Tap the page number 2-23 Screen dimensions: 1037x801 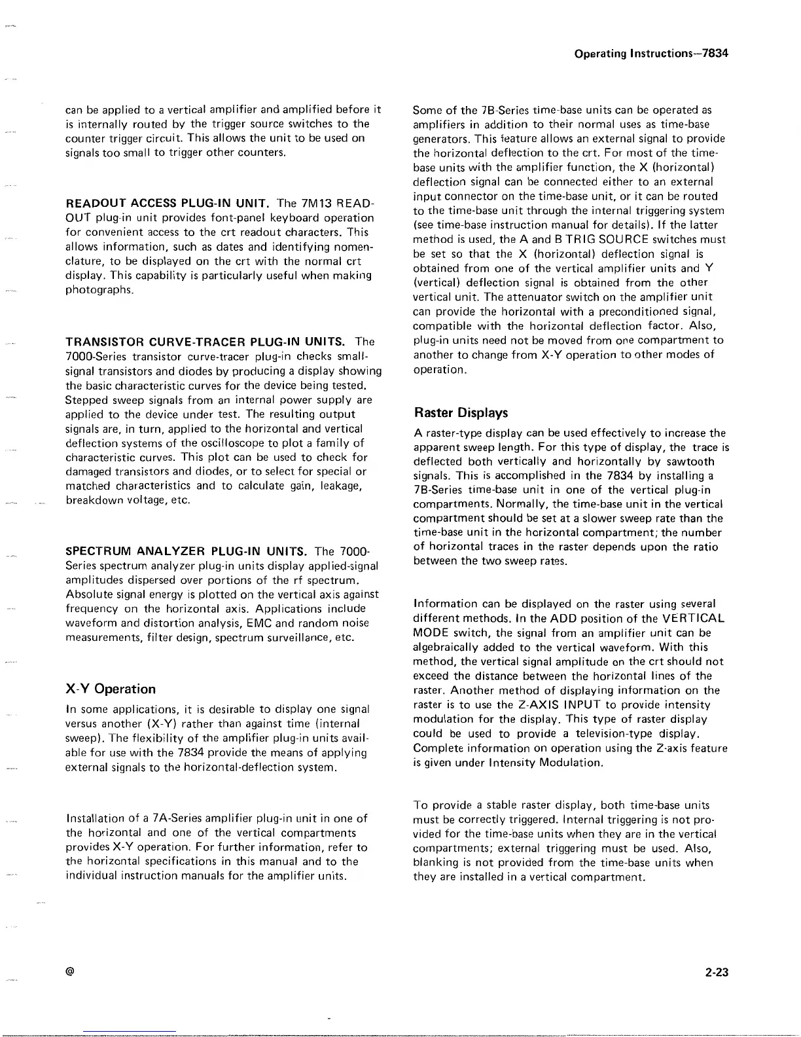pyautogui.click(x=717, y=973)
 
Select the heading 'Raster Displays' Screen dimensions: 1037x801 pyautogui.click(x=461, y=413)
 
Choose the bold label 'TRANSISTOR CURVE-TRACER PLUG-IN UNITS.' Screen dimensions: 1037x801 pyautogui.click(x=205, y=342)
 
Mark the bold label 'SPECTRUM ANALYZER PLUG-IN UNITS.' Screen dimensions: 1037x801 pyautogui.click(x=187, y=551)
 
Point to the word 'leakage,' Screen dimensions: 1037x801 pyautogui.click(x=342, y=486)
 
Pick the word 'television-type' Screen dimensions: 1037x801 pyautogui.click(x=578, y=733)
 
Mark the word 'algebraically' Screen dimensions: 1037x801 pyautogui.click(x=445, y=647)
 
